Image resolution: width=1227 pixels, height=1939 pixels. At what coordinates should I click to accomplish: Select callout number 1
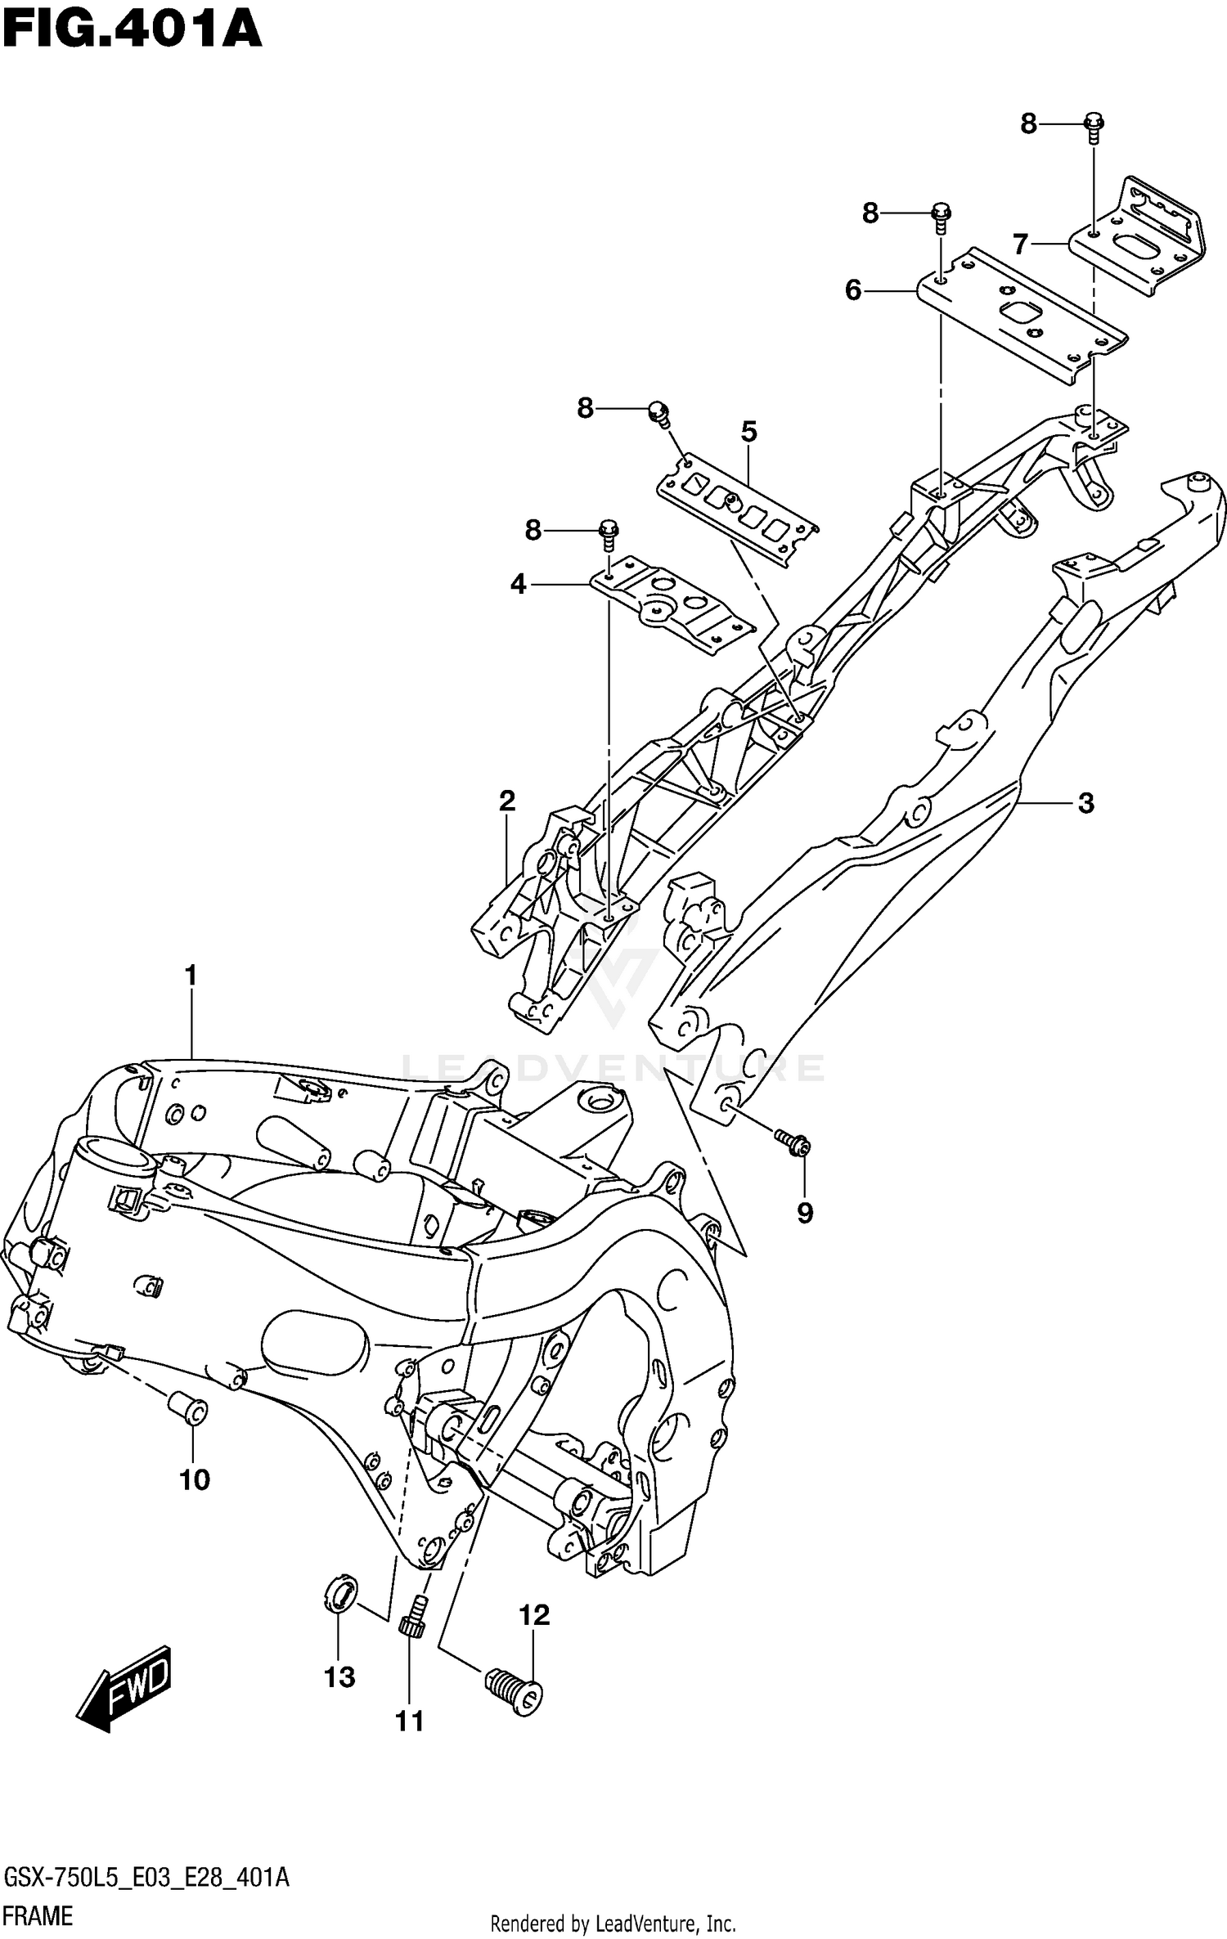pyautogui.click(x=191, y=976)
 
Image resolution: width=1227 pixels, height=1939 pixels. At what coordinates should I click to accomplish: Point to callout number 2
pyautogui.click(x=507, y=801)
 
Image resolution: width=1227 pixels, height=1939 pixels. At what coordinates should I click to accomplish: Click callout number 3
pyautogui.click(x=1085, y=803)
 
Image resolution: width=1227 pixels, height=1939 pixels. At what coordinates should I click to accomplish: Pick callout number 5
pyautogui.click(x=749, y=431)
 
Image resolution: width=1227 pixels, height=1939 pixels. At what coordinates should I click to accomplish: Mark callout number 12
pyautogui.click(x=534, y=1615)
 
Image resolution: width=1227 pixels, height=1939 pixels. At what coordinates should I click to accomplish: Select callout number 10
pyautogui.click(x=195, y=1479)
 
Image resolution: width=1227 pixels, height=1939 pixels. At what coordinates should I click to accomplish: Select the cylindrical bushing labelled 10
pyautogui.click(x=188, y=1408)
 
